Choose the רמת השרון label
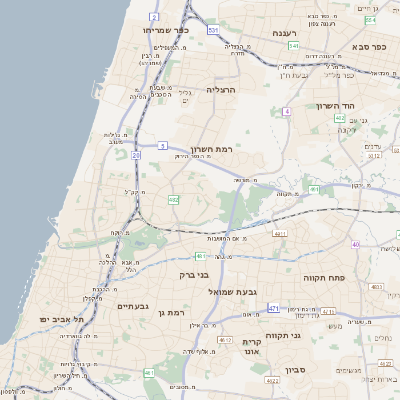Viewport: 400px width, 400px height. coord(212,148)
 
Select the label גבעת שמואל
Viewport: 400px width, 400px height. coord(237,290)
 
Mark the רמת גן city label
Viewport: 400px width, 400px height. coord(174,314)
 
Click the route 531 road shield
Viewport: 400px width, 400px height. coord(213,30)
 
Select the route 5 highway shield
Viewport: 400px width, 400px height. coord(161,145)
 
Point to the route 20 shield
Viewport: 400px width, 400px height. coord(135,155)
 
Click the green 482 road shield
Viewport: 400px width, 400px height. coord(174,200)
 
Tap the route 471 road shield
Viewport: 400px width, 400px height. coord(273,309)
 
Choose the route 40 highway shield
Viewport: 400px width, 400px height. coord(355,244)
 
